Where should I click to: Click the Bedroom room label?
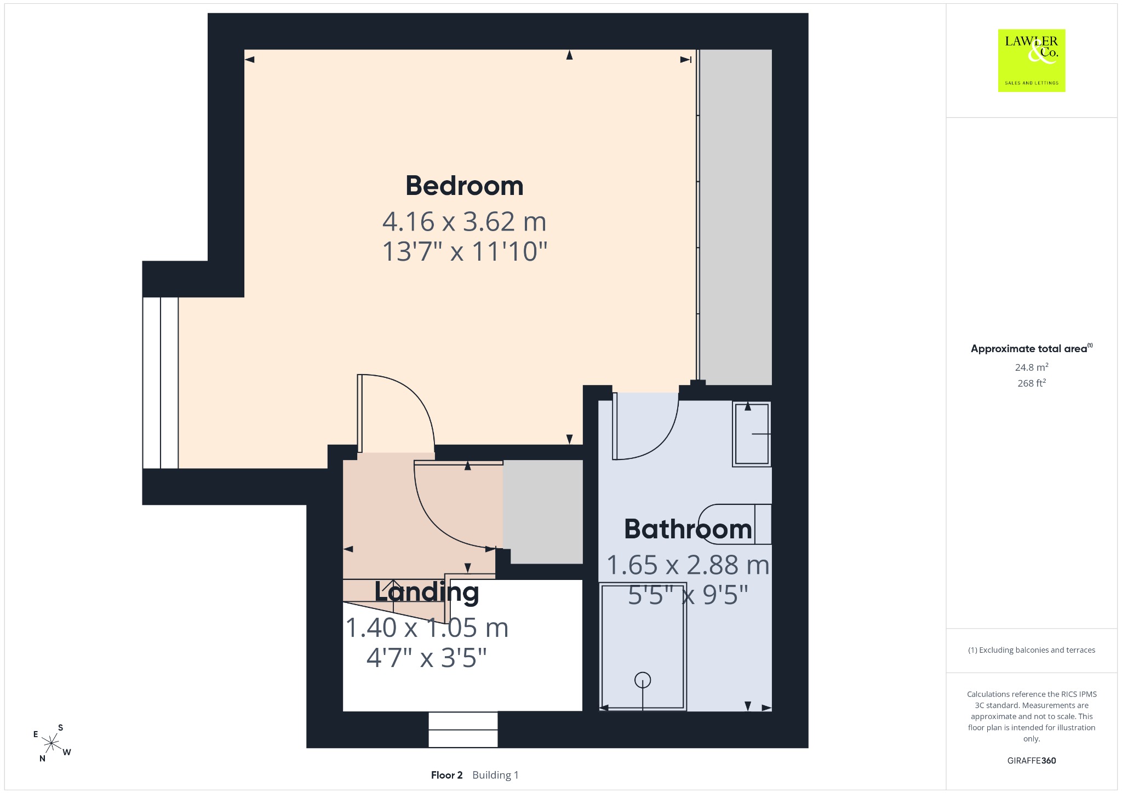(x=465, y=186)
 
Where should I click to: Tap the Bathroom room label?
(x=688, y=530)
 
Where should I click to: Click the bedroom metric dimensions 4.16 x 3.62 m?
(x=465, y=222)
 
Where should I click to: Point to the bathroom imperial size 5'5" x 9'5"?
(x=688, y=595)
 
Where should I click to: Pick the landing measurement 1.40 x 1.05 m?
(x=427, y=628)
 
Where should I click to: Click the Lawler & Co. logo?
(x=1032, y=60)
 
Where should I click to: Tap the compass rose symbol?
(x=51, y=744)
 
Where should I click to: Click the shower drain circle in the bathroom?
(x=643, y=680)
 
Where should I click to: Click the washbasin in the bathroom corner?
(x=752, y=434)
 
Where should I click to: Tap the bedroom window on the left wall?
(x=161, y=383)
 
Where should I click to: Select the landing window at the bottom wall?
(x=463, y=729)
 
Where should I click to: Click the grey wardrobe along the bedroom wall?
(x=735, y=217)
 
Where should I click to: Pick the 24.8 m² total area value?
(x=1032, y=367)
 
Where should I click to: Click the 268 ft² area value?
(x=1032, y=383)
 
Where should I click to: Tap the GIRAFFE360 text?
(x=1032, y=760)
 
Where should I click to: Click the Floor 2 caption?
(x=446, y=775)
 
